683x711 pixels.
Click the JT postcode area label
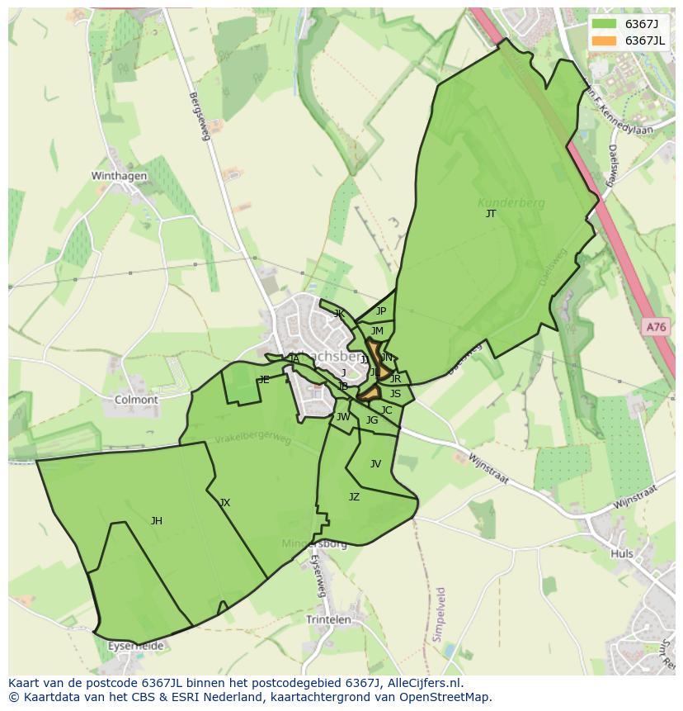[491, 214]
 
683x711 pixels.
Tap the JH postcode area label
[156, 521]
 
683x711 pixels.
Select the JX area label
[224, 503]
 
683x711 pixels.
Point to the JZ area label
[354, 497]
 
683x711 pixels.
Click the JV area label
[375, 464]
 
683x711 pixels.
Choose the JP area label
[380, 311]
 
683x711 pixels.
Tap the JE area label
[264, 380]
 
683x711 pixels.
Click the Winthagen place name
[119, 176]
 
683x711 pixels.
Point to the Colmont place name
[136, 400]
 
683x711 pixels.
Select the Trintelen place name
[328, 619]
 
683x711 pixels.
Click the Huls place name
[622, 554]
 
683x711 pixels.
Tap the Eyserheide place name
[136, 645]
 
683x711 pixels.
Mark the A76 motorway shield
[655, 328]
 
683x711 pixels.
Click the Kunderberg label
[504, 201]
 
